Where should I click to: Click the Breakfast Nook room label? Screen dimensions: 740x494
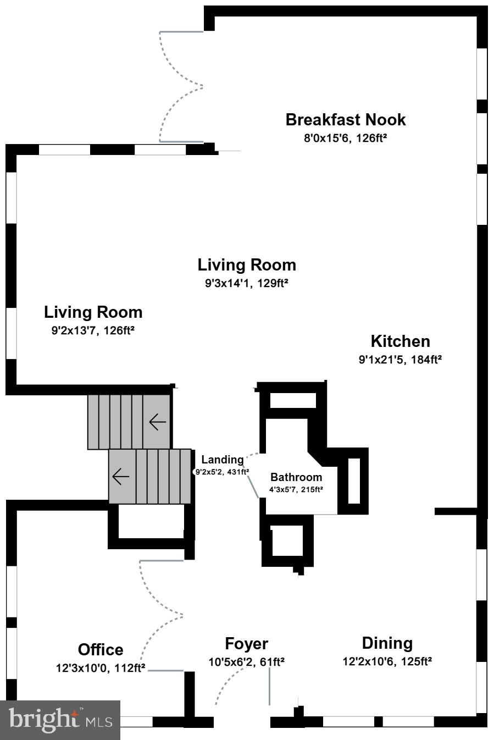pyautogui.click(x=345, y=120)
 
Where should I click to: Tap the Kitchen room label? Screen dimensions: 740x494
pyautogui.click(x=400, y=341)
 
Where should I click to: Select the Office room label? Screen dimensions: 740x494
pyautogui.click(x=101, y=650)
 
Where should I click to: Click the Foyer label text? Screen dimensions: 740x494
pyautogui.click(x=246, y=644)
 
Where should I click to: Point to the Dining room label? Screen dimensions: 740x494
pyautogui.click(x=387, y=643)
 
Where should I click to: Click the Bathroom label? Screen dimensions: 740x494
pyautogui.click(x=296, y=477)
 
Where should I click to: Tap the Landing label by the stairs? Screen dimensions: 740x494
pyautogui.click(x=222, y=460)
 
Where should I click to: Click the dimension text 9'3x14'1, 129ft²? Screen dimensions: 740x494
pyautogui.click(x=247, y=284)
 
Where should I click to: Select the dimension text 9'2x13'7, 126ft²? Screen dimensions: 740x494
pyautogui.click(x=93, y=331)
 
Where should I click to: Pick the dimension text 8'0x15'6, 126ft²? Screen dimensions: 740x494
pyautogui.click(x=345, y=138)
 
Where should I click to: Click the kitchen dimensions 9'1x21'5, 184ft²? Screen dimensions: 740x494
pyautogui.click(x=400, y=360)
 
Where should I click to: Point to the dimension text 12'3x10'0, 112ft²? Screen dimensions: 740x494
pyautogui.click(x=101, y=668)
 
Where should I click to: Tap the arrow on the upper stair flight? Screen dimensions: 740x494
pyautogui.click(x=157, y=422)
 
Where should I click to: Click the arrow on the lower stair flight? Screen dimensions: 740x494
pyautogui.click(x=120, y=476)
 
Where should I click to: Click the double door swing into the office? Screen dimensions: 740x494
pyautogui.click(x=161, y=615)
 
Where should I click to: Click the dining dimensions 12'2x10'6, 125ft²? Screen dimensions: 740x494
pyautogui.click(x=387, y=661)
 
